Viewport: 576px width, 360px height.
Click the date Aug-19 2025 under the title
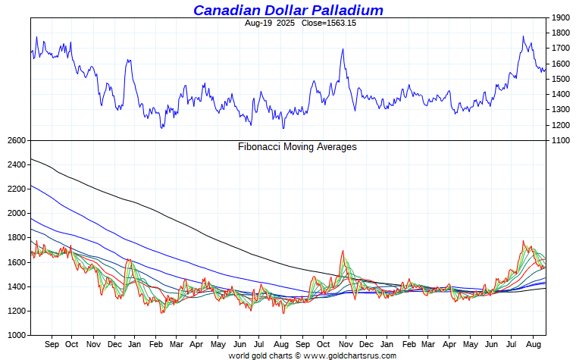pos(269,23)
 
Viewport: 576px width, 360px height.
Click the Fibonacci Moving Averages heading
pos(297,147)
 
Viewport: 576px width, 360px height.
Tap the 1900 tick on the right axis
pos(561,17)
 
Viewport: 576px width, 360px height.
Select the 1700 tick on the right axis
pos(561,49)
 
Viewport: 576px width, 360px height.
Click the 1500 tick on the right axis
pos(561,79)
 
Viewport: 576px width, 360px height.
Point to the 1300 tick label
pos(561,110)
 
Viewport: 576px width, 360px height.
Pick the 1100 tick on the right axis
pos(561,141)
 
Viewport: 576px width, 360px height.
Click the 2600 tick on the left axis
pos(16,141)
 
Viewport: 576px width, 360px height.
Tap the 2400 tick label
pos(16,164)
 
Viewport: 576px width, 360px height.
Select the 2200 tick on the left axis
pos(16,189)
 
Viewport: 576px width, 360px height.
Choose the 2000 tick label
pos(16,213)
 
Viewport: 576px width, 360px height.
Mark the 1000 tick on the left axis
pos(16,335)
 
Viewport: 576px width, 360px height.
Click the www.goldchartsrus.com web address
pos(349,355)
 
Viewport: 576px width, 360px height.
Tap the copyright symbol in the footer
pos(298,355)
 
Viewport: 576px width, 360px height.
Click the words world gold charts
pos(261,355)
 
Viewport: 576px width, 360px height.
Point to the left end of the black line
pos(32,159)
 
